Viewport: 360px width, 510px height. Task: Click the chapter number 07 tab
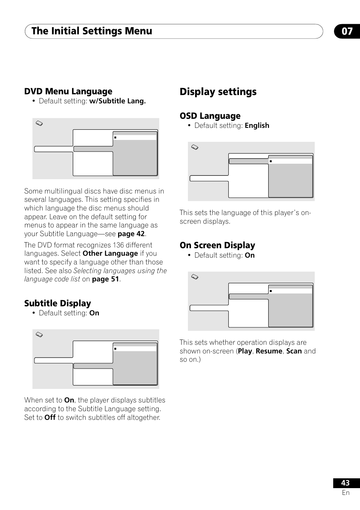pyautogui.click(x=347, y=31)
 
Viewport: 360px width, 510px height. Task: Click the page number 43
pyautogui.click(x=345, y=483)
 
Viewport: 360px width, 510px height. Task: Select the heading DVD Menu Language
pyautogui.click(x=68, y=91)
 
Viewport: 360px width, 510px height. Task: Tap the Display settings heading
pyautogui.click(x=218, y=92)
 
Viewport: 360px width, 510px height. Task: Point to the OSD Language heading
pyautogui.click(x=210, y=116)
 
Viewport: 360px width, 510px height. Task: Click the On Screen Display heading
pyautogui.click(x=217, y=245)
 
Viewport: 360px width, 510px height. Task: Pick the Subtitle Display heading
pyautogui.click(x=58, y=303)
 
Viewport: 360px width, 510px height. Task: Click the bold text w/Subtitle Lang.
pyautogui.click(x=117, y=101)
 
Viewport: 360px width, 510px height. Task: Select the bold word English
pyautogui.click(x=257, y=126)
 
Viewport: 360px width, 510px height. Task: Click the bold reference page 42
pyautogui.click(x=131, y=234)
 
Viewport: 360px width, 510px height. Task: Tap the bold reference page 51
pyautogui.click(x=106, y=279)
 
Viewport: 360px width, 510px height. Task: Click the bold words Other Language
pyautogui.click(x=110, y=253)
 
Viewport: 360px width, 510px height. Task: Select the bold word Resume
pyautogui.click(x=269, y=351)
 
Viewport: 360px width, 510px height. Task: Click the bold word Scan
pyautogui.click(x=294, y=351)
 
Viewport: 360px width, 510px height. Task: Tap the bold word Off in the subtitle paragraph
pyautogui.click(x=50, y=418)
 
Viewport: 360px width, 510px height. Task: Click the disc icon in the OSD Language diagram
pyautogui.click(x=195, y=147)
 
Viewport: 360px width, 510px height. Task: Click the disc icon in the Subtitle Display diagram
pyautogui.click(x=39, y=335)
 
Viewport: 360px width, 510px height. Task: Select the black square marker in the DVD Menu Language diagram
pyautogui.click(x=115, y=138)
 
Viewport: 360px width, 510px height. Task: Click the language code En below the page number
pyautogui.click(x=346, y=493)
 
